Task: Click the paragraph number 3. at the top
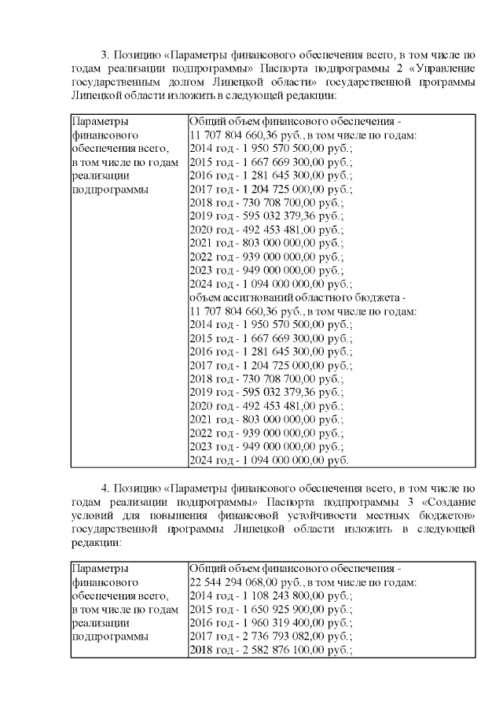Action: (x=107, y=55)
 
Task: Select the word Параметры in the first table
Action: (x=98, y=122)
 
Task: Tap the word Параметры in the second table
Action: (x=98, y=569)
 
